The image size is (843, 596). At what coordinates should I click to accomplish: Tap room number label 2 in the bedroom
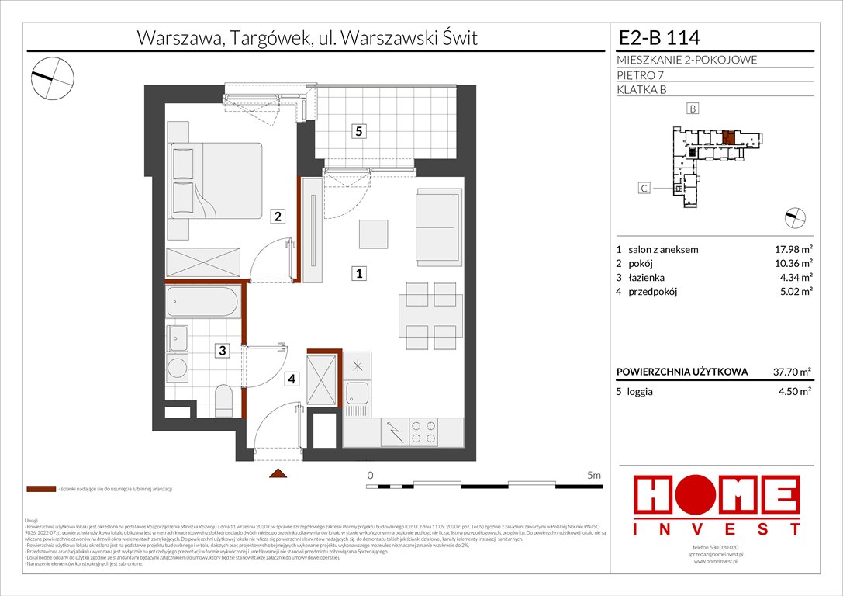tap(276, 217)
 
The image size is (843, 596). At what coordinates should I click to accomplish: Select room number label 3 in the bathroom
tap(222, 351)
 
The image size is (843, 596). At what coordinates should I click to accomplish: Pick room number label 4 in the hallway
tap(292, 379)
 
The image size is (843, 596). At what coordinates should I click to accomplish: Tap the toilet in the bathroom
tap(223, 399)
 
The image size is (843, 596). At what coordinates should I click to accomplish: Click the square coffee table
tap(374, 233)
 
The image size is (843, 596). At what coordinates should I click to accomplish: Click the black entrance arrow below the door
tap(277, 473)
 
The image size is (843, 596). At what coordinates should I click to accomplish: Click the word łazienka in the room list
tap(647, 278)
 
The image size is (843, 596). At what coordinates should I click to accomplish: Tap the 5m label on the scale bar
tap(594, 475)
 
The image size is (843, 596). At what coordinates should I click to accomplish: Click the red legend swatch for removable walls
tap(40, 490)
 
